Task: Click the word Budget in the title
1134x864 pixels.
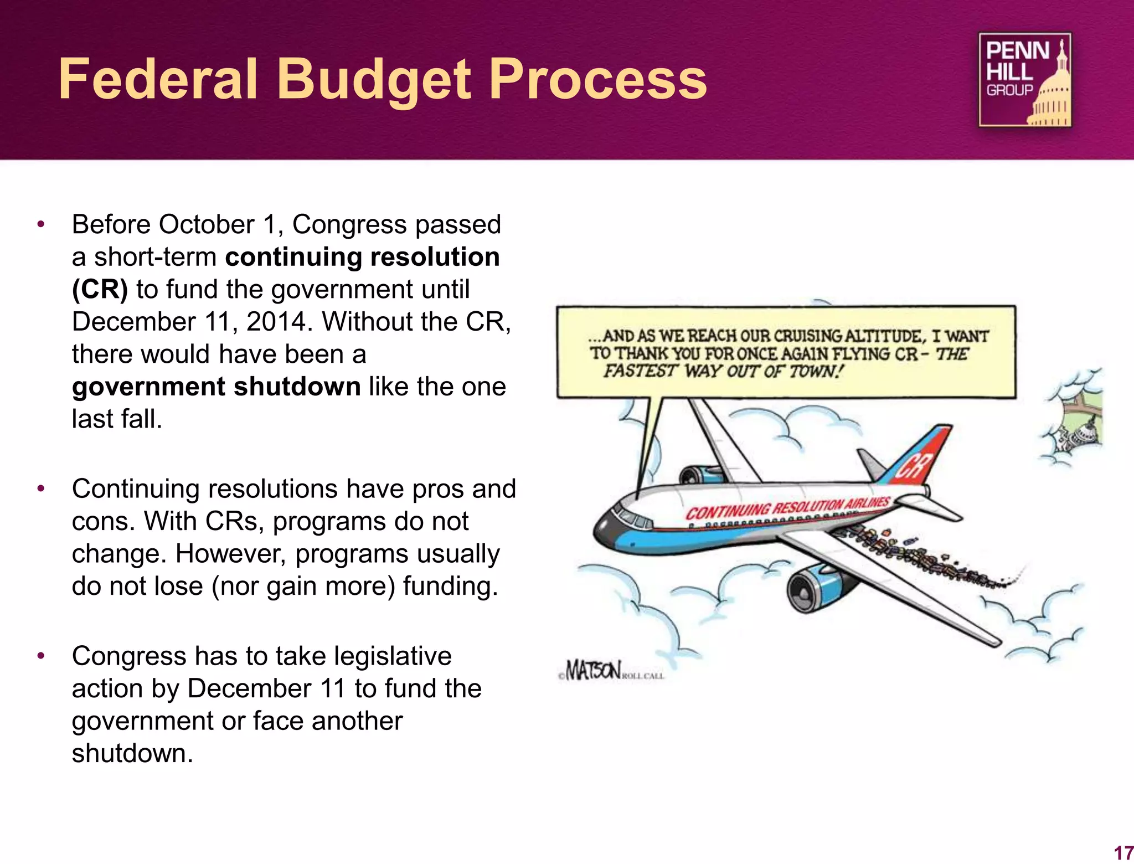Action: [374, 80]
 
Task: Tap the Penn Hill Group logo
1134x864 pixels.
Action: [1025, 80]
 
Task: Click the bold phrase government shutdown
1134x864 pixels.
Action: [217, 387]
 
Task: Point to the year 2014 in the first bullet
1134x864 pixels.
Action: [276, 322]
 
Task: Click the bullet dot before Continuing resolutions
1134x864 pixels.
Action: [40, 489]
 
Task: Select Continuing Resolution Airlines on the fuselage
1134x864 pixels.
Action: [787, 508]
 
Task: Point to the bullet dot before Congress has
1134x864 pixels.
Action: [40, 656]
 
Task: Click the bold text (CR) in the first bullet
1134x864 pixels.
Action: [100, 290]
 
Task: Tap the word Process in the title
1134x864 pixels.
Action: [597, 80]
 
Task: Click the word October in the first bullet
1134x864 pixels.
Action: [207, 225]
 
